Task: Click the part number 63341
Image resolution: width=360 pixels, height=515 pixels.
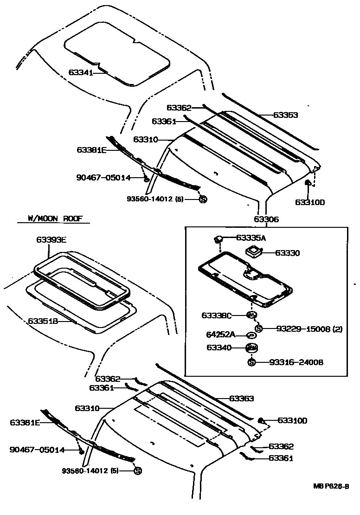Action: click(80, 72)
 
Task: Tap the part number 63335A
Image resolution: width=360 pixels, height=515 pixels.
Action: click(251, 238)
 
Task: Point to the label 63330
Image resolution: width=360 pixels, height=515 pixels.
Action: click(288, 253)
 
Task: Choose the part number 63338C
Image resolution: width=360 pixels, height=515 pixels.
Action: click(216, 315)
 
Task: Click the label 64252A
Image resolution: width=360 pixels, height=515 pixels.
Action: click(220, 335)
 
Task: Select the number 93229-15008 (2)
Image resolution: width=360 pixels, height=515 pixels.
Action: click(302, 329)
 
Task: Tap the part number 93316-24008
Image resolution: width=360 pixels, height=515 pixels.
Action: click(296, 362)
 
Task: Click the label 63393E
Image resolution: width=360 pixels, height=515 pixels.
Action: click(51, 240)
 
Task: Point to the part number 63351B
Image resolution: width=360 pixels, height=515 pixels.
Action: click(42, 321)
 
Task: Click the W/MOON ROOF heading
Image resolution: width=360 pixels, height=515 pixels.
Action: click(52, 218)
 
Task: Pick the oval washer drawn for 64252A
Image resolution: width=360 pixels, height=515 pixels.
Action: click(251, 335)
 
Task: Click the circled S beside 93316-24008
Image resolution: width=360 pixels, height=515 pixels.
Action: click(251, 362)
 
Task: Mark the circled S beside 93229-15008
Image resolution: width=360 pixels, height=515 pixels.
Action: click(258, 328)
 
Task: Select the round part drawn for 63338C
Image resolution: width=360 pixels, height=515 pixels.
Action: click(251, 315)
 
